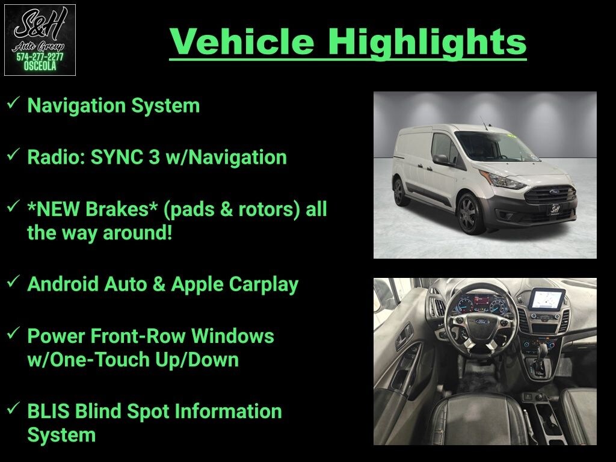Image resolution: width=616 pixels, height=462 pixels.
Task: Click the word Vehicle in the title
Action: point(242,42)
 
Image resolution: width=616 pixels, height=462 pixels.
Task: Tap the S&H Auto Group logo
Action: point(40,40)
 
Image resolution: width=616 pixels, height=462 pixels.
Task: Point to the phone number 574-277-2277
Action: point(40,57)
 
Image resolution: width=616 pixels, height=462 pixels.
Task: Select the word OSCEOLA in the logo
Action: point(40,66)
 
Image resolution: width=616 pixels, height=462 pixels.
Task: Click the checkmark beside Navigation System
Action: point(13,103)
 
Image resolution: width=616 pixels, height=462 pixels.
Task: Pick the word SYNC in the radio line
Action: point(117,157)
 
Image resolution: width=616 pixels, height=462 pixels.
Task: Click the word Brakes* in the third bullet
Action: point(122,209)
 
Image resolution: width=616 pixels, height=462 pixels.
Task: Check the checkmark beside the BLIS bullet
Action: point(13,408)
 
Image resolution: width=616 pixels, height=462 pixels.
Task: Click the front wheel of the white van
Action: point(470,214)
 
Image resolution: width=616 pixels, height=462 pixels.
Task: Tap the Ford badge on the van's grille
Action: point(554,192)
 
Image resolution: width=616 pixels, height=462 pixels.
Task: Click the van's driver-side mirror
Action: point(441,159)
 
